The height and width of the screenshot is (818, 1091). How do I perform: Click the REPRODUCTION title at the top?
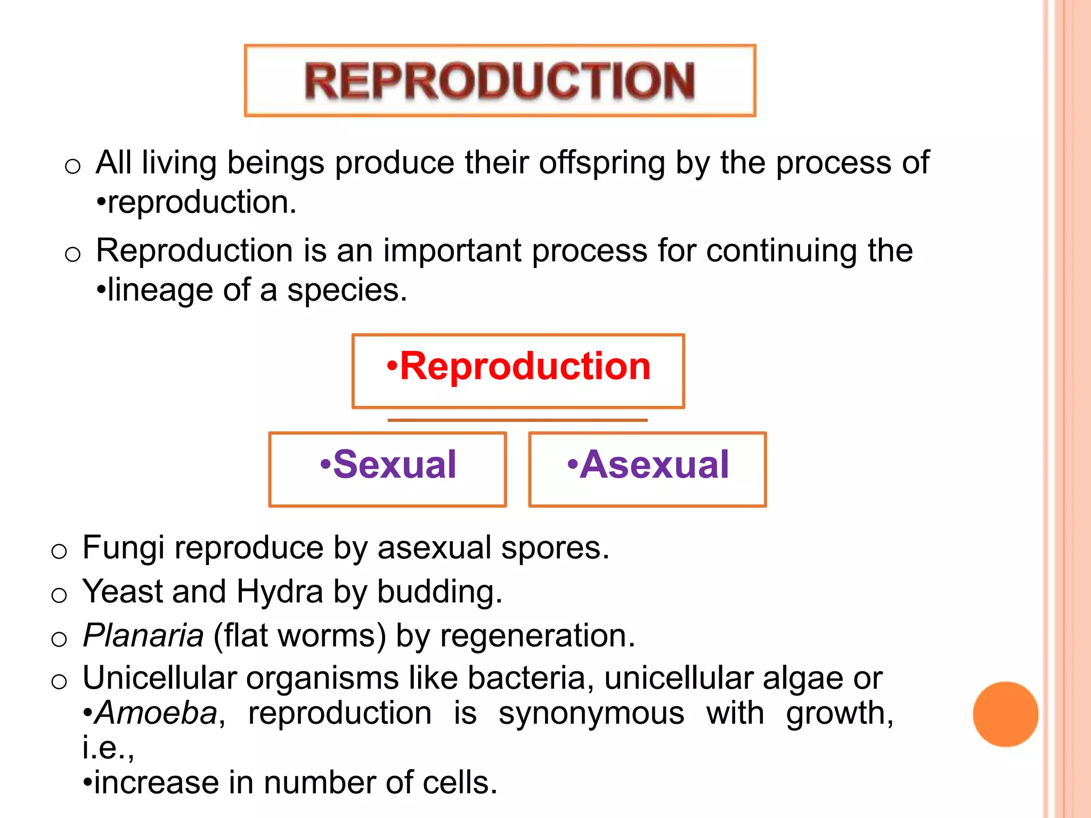[x=500, y=81]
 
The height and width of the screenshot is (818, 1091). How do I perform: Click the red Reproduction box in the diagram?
[x=518, y=371]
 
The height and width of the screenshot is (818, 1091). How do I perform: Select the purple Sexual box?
[x=387, y=469]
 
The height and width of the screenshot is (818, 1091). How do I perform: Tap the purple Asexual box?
[x=647, y=469]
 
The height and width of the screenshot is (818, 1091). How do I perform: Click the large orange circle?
[x=1005, y=714]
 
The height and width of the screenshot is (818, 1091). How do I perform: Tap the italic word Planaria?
[x=143, y=635]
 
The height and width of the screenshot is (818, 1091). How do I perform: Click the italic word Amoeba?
[x=157, y=713]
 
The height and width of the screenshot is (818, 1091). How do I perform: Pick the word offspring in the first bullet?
[x=602, y=162]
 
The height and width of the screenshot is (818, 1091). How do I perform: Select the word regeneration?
[x=537, y=636]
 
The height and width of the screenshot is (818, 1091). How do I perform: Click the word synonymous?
[x=591, y=713]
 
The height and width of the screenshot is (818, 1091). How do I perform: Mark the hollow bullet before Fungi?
[x=59, y=551]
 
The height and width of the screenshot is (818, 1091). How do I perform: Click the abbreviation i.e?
[x=108, y=748]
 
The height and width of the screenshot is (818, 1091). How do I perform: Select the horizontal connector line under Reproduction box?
[x=517, y=420]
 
